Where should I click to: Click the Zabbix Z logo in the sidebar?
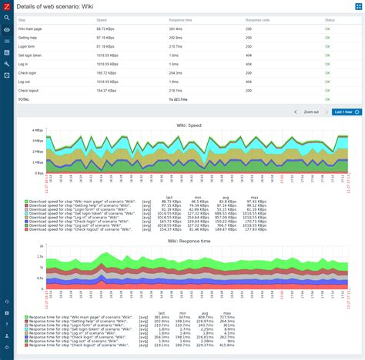(6, 6)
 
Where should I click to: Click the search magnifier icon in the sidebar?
(6, 18)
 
